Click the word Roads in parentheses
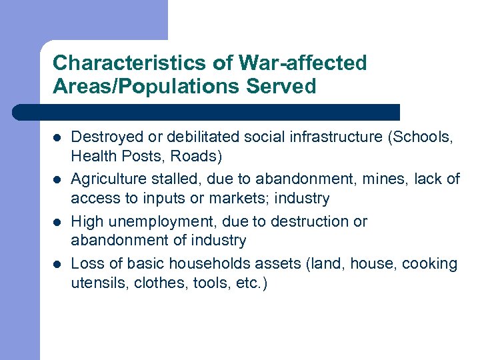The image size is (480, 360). click(200, 156)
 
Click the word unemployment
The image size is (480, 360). click(149, 221)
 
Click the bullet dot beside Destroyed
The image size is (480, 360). click(57, 138)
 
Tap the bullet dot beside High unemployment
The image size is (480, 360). click(57, 222)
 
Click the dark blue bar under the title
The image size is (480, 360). click(207, 112)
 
